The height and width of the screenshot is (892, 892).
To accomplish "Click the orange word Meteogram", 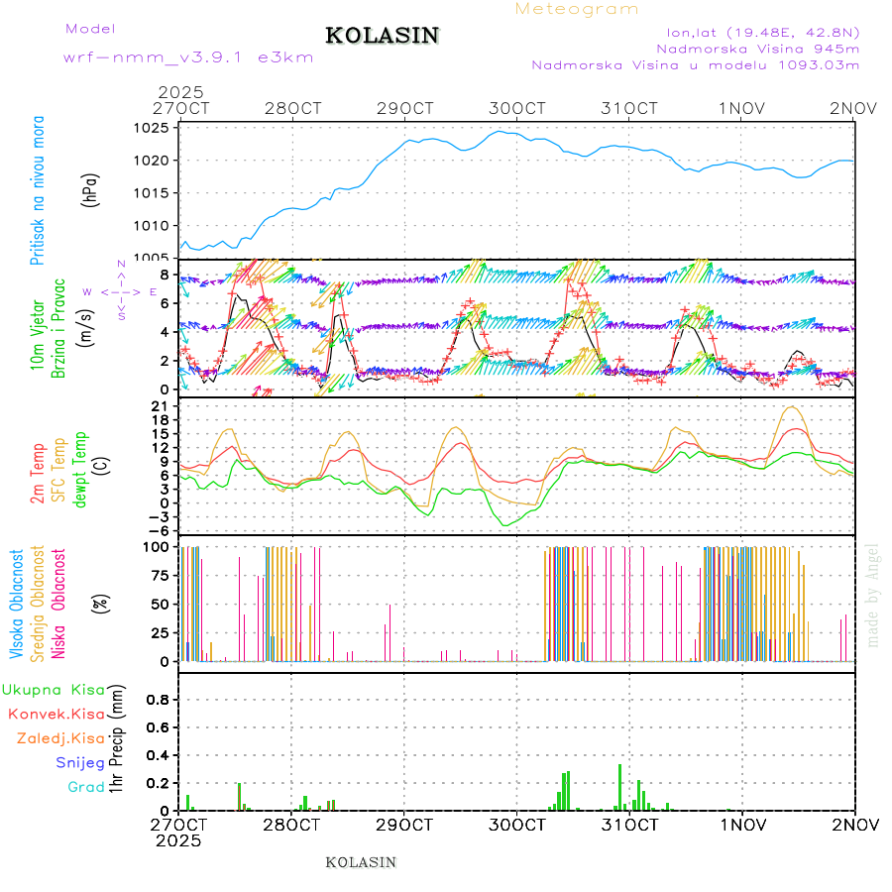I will [578, 9].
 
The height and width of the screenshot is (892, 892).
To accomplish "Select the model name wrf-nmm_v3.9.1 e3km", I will [188, 57].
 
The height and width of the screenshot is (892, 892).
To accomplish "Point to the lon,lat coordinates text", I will [764, 30].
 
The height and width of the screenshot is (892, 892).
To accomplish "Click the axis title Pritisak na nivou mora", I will [38, 190].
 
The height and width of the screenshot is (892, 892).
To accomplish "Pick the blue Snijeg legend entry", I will [79, 762].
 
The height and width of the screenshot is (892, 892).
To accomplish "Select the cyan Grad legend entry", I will [87, 787].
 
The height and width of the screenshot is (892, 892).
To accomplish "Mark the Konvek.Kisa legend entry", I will [56, 714].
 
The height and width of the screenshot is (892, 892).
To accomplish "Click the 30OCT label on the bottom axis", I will [517, 825].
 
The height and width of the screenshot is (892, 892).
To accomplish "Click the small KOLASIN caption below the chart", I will [361, 862].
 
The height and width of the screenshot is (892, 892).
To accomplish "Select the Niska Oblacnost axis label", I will [58, 604].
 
